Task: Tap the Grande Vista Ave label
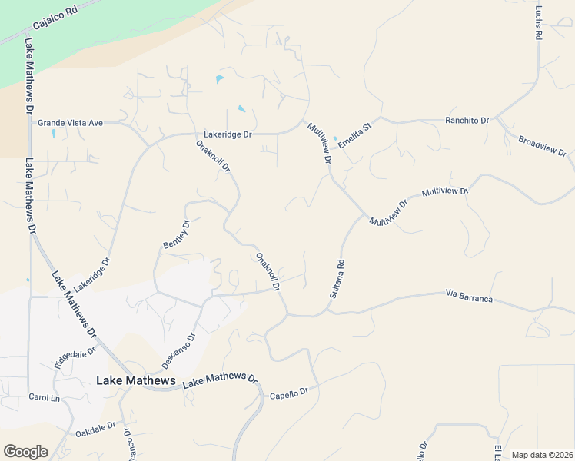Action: coord(70,122)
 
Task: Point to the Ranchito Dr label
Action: coord(467,121)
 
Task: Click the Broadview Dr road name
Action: coord(542,147)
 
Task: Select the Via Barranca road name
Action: coord(468,296)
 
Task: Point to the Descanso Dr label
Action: coord(178,347)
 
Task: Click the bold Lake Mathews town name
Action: coord(135,380)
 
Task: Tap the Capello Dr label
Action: coord(288,394)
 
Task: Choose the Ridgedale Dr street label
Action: coord(75,357)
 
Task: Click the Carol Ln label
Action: coord(44,398)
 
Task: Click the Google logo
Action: coord(25,452)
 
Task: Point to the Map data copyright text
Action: coord(542,455)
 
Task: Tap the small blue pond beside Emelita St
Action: coord(335,139)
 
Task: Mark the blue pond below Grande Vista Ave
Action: coord(53,134)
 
